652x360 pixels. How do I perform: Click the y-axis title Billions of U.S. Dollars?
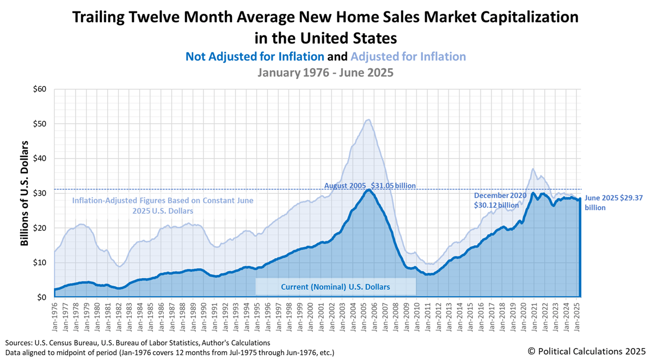coord(24,193)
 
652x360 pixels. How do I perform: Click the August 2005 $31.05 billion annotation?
coord(370,186)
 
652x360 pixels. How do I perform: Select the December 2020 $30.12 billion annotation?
coord(500,200)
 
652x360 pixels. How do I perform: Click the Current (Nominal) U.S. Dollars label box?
coord(335,286)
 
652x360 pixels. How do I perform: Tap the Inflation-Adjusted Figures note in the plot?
coord(163,205)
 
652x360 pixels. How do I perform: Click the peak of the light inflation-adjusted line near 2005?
coord(369,120)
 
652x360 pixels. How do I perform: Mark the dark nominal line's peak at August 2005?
coord(369,190)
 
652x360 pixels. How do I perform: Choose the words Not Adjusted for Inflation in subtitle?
coord(255,57)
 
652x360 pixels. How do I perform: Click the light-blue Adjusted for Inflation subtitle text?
coord(408,57)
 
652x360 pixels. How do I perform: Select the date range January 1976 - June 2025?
coord(325,72)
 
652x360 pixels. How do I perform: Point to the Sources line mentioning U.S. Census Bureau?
coord(138,343)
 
